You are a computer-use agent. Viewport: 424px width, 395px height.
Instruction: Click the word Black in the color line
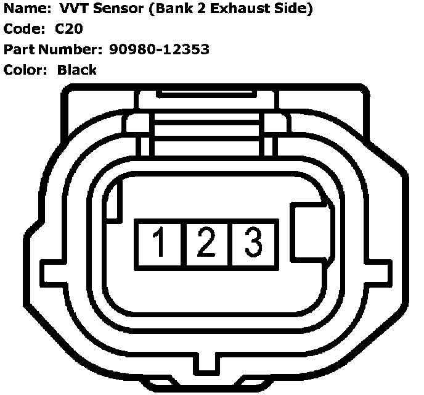pos(77,70)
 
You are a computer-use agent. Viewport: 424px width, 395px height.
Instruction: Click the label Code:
pos(22,29)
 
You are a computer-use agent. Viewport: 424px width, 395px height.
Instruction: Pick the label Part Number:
pos(49,49)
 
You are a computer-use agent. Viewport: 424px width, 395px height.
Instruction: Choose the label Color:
pos(25,70)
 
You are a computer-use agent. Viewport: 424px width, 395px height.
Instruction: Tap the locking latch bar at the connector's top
pos(206,96)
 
